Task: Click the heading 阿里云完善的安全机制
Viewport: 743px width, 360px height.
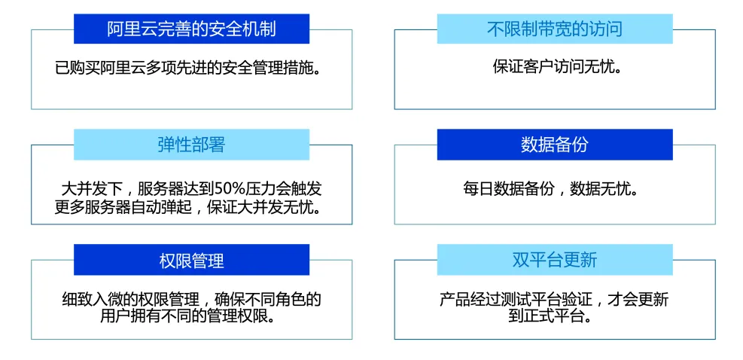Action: pyautogui.click(x=191, y=29)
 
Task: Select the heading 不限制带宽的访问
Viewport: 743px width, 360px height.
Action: pyautogui.click(x=555, y=29)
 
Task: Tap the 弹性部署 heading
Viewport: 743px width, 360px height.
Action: pyautogui.click(x=191, y=145)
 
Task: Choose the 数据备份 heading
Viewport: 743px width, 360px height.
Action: pyautogui.click(x=555, y=145)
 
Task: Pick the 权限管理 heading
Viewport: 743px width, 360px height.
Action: pyautogui.click(x=191, y=261)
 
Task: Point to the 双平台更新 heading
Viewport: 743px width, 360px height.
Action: pyautogui.click(x=555, y=261)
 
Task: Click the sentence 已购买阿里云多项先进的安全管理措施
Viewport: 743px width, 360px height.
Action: pyautogui.click(x=191, y=69)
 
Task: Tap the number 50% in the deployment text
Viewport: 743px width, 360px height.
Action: pyautogui.click(x=228, y=188)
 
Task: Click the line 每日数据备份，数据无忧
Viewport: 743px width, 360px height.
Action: pyautogui.click(x=554, y=188)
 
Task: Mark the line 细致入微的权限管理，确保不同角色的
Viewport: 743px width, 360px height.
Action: pyautogui.click(x=191, y=300)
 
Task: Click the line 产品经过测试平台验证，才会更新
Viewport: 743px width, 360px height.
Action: pyautogui.click(x=554, y=300)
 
